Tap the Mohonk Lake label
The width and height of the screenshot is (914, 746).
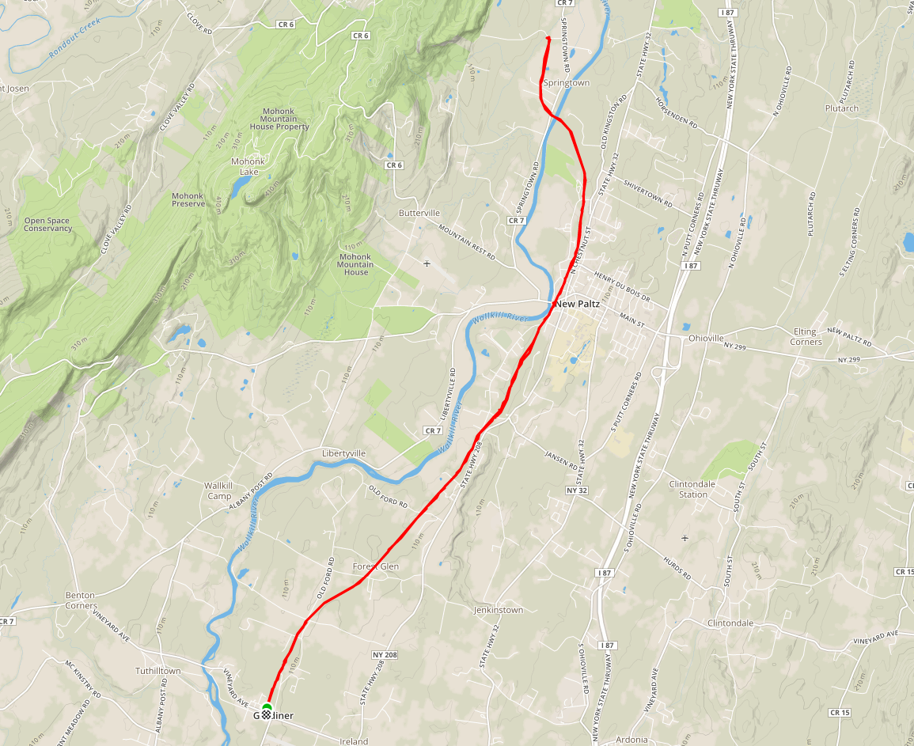click(248, 166)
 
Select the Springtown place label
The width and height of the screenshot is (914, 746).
click(566, 82)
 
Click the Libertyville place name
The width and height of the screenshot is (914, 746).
click(344, 453)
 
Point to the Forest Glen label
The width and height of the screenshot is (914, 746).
click(376, 566)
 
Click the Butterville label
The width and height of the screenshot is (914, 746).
click(419, 214)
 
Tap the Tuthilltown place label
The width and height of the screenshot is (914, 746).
click(157, 671)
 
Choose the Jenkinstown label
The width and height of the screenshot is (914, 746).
click(499, 610)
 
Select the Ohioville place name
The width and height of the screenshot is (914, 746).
click(707, 338)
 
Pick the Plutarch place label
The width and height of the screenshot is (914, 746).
click(841, 108)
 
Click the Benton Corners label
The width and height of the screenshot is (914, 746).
click(81, 600)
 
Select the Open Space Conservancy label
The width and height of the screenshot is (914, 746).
click(47, 225)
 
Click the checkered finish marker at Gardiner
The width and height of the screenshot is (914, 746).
click(267, 714)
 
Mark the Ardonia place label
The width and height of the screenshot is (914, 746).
click(631, 740)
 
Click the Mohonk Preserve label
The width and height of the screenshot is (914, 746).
click(188, 199)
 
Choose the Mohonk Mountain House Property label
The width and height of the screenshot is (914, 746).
click(279, 119)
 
